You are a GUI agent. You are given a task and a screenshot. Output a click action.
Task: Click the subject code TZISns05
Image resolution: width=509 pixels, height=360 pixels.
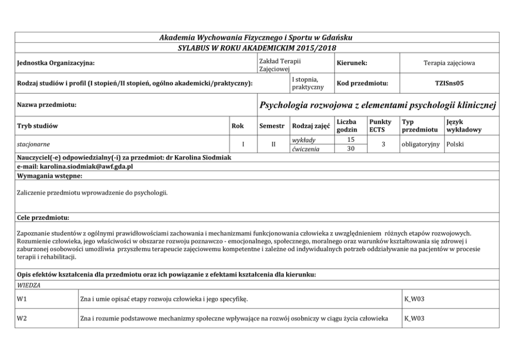(449, 83)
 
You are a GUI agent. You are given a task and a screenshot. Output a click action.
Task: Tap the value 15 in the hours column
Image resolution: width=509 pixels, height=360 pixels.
(351, 140)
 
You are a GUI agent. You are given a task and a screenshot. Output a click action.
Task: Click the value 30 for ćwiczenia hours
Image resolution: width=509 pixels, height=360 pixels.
(351, 149)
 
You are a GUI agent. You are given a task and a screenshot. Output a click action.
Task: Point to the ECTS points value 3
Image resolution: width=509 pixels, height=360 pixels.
(383, 144)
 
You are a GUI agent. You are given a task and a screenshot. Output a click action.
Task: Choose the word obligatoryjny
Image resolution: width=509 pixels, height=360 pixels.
(420, 144)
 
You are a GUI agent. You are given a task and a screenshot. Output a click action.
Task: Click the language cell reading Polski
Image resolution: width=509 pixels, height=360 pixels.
(456, 144)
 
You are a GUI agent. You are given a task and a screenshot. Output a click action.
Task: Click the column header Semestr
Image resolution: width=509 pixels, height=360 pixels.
(271, 126)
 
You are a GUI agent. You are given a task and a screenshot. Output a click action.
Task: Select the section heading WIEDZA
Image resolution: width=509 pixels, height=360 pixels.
(29, 284)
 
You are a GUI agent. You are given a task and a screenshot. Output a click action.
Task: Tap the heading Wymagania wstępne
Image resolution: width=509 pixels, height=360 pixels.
(50, 176)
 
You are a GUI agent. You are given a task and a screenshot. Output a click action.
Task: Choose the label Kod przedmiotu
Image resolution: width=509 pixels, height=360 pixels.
(362, 83)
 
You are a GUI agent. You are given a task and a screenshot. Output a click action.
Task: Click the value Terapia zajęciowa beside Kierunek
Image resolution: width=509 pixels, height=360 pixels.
(449, 63)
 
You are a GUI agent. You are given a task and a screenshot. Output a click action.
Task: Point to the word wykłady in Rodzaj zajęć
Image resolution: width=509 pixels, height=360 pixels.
(303, 140)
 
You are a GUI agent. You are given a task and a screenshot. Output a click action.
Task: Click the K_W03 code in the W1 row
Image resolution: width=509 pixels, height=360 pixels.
(415, 298)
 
